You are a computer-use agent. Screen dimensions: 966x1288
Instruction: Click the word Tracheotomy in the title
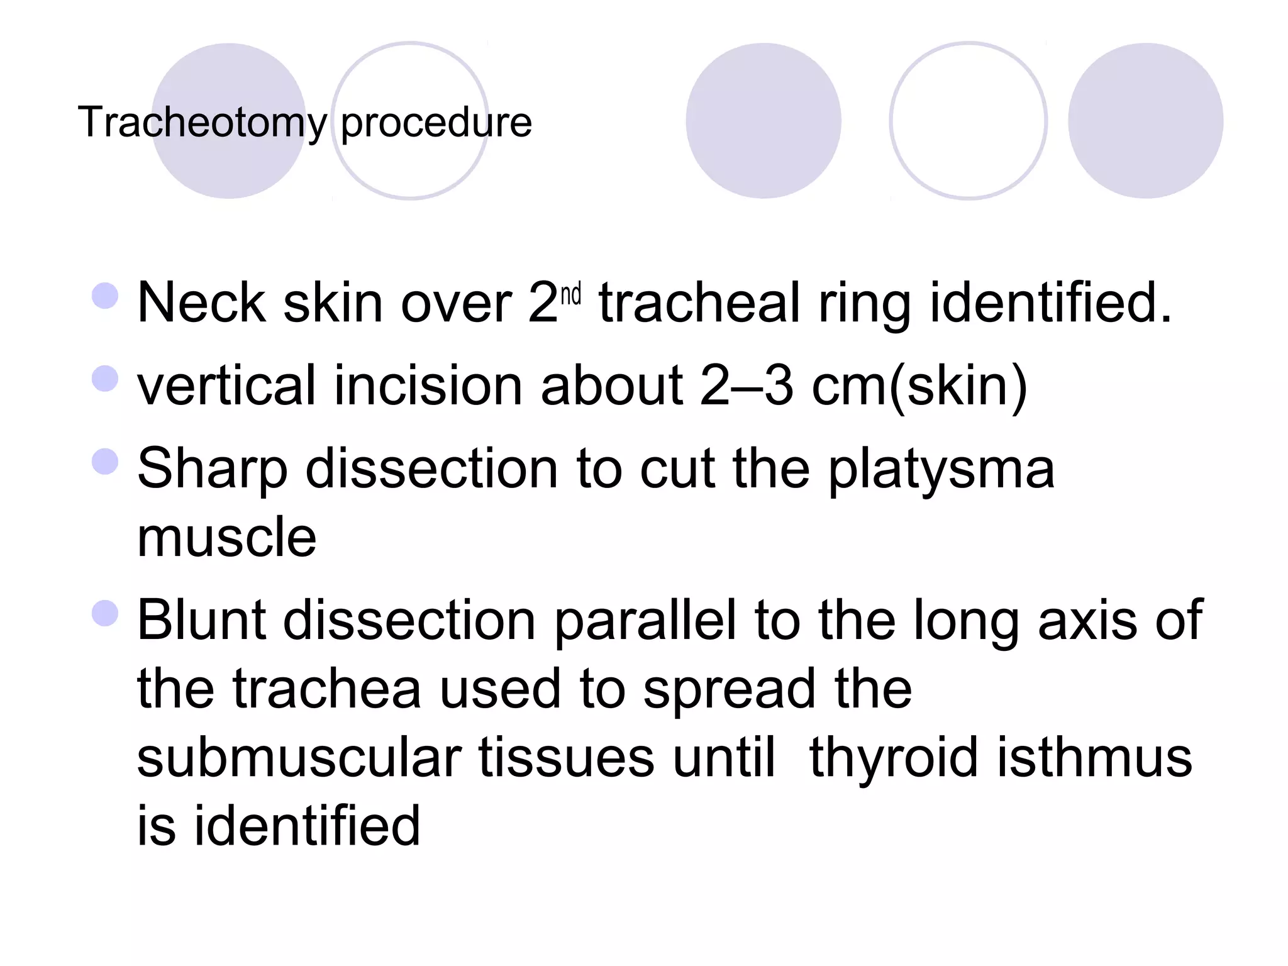[202, 122]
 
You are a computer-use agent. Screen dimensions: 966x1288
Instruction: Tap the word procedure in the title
[436, 122]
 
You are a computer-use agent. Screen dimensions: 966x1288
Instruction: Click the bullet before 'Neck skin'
[105, 296]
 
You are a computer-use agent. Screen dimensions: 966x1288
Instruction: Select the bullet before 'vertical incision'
[105, 379]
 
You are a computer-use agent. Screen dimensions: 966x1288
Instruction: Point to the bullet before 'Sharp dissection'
[105, 462]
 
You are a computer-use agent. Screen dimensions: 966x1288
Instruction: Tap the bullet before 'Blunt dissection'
[105, 613]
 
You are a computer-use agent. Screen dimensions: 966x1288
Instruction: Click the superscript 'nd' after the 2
[570, 294]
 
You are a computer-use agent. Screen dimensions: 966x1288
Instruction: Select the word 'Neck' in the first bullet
[201, 303]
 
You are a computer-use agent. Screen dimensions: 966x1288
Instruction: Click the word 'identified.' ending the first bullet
[1051, 303]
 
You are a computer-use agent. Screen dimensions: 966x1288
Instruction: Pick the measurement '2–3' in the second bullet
[747, 386]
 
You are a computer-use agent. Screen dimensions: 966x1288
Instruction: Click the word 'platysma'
[941, 470]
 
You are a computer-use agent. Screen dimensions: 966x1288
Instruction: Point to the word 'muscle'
[226, 537]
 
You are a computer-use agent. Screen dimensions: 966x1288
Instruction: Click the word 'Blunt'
[201, 620]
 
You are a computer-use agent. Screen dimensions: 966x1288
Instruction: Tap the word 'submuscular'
[299, 757]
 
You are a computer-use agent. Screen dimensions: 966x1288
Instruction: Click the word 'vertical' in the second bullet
[226, 386]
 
